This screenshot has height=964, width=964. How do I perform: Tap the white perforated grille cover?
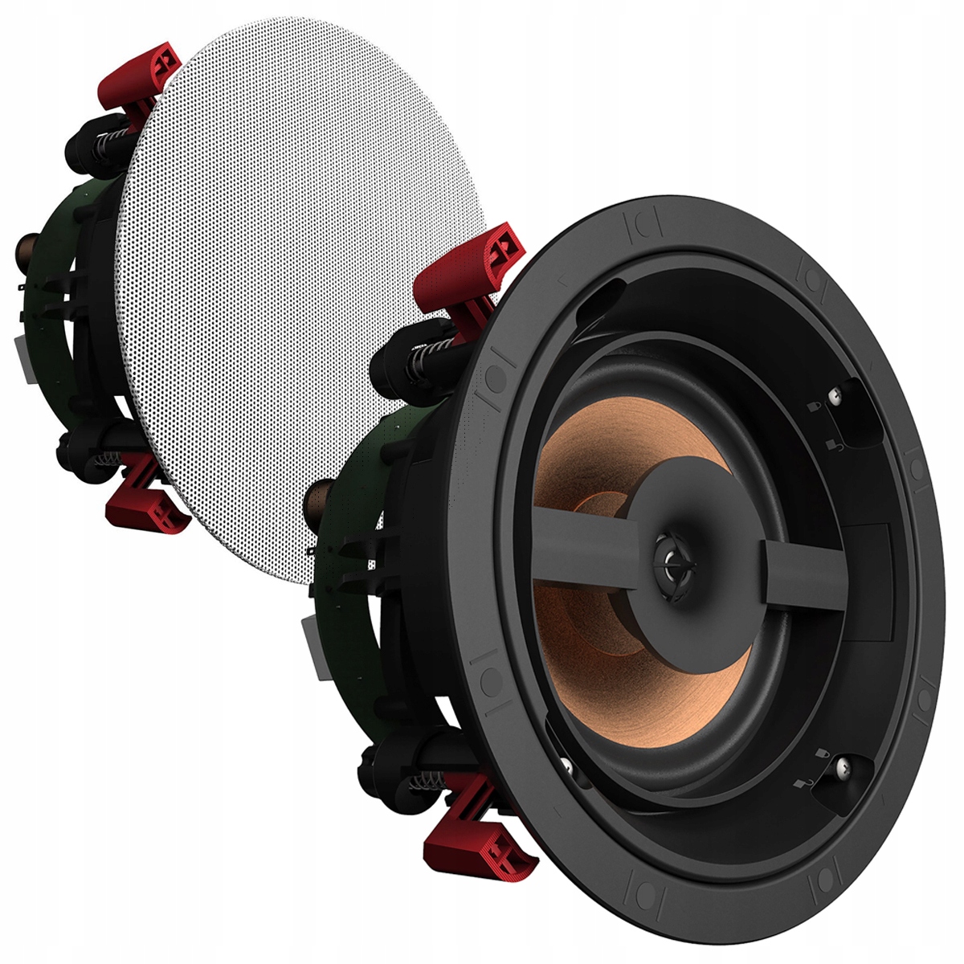tap(297, 281)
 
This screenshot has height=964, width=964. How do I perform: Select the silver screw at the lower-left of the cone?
tap(567, 768)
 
